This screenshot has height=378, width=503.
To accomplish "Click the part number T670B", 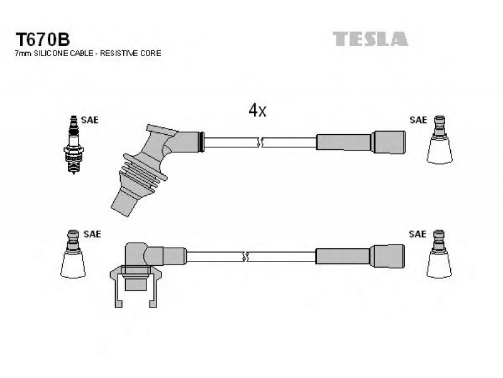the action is pyautogui.click(x=43, y=40).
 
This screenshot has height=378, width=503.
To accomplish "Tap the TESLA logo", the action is pyautogui.click(x=370, y=39).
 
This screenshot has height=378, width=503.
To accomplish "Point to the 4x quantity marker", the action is pyautogui.click(x=257, y=110).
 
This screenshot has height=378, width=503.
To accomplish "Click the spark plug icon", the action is pyautogui.click(x=74, y=145).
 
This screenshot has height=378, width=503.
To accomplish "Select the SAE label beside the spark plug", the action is pyautogui.click(x=89, y=120).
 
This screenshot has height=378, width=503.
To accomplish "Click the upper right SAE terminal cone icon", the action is pyautogui.click(x=439, y=140).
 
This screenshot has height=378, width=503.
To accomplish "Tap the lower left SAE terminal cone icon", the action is pyautogui.click(x=73, y=254).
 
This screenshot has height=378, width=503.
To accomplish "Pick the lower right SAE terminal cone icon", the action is pyautogui.click(x=439, y=254).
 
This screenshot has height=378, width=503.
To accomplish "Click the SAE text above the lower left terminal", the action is pyautogui.click(x=92, y=234).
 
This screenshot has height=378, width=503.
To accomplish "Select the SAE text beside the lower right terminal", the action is pyautogui.click(x=417, y=234).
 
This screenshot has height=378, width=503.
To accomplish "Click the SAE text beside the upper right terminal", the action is pyautogui.click(x=418, y=120).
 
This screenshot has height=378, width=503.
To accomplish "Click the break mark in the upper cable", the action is pyautogui.click(x=260, y=142).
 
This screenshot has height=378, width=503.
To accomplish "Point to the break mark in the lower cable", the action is pyautogui.click(x=245, y=256).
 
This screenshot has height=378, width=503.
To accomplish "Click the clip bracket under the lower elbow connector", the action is pyautogui.click(x=136, y=286).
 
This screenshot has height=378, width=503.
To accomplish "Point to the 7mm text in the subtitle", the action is pyautogui.click(x=23, y=54).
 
